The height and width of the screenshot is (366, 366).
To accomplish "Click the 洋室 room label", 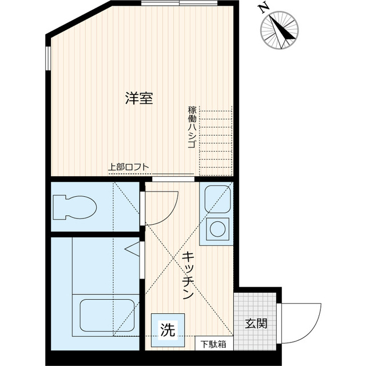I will pos(139,98).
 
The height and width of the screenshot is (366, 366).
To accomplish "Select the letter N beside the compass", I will pos(263,8).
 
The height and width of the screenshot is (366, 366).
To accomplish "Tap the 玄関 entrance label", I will pos(256,323).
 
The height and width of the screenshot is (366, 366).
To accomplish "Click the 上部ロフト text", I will pos(129,168).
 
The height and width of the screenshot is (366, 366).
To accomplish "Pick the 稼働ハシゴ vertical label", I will pos(191,127).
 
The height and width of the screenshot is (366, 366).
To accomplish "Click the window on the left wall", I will pos(48,57).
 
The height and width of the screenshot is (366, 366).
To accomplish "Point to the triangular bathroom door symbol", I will pos(133,250).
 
